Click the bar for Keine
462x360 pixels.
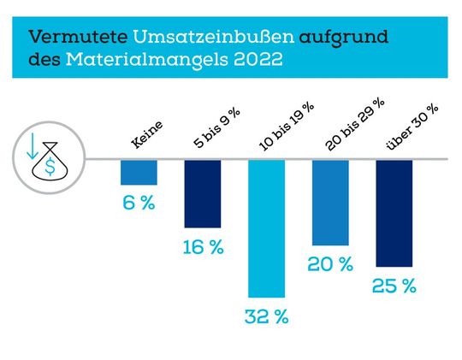point(139,172)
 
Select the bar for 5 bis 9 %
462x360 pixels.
point(203,194)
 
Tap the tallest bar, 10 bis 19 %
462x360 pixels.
point(267,228)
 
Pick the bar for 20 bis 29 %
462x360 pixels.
point(330,203)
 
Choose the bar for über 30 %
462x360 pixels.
point(394,213)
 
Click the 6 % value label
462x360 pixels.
point(139,204)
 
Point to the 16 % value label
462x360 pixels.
point(203,248)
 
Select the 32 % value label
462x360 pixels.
point(267,317)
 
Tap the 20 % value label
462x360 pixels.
point(330,265)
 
